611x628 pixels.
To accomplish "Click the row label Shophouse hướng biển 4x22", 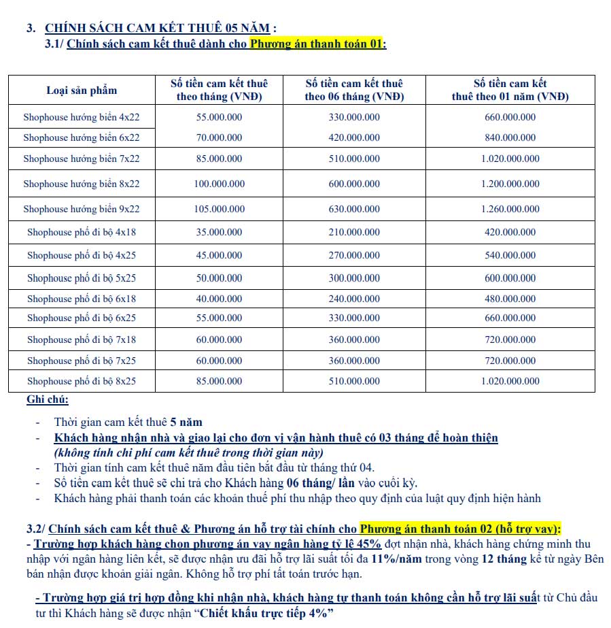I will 82,117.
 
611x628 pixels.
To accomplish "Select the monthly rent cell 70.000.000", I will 217,137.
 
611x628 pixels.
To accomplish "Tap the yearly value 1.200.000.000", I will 510,184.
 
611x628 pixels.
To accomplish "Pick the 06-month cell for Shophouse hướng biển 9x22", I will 354,209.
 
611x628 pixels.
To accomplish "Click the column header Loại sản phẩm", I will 82,90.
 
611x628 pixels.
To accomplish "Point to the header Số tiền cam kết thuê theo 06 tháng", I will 354,90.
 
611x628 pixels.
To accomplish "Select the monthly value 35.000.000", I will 217,232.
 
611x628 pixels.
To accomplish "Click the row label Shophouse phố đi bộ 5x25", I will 82,278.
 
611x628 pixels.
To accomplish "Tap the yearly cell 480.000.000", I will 510,299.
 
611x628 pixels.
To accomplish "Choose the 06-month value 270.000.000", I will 354,255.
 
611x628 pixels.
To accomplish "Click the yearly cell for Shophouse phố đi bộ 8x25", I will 510,381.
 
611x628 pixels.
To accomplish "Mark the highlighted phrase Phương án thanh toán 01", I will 317,44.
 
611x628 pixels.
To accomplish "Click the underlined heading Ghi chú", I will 48,399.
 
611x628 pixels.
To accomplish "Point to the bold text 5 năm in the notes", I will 186,422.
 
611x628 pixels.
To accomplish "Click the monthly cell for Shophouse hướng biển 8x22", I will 217,184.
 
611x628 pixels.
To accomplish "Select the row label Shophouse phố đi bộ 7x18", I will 82,339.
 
